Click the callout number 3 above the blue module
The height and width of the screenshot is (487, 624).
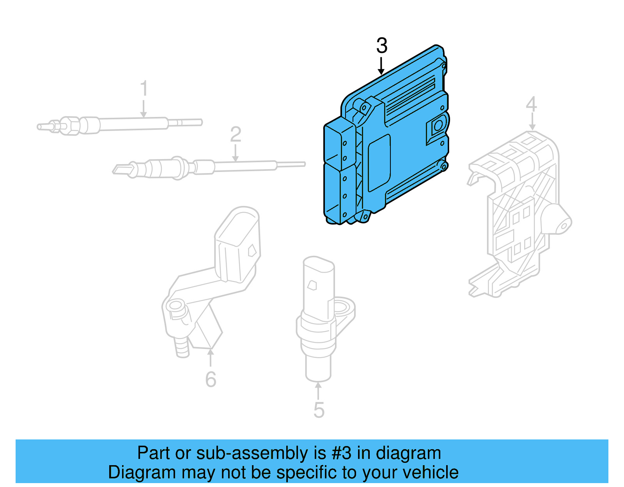click(x=382, y=46)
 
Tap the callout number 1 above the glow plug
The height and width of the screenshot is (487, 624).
click(x=144, y=89)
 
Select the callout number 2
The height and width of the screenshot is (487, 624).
click(x=235, y=135)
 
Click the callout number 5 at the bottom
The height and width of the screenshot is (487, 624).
click(x=319, y=410)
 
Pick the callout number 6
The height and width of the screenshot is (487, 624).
click(x=211, y=379)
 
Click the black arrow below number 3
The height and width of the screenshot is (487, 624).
click(x=381, y=66)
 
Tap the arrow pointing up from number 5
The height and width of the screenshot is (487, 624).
click(x=318, y=390)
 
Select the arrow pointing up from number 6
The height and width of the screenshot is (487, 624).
click(x=211, y=357)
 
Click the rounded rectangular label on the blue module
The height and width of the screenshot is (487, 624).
click(x=379, y=163)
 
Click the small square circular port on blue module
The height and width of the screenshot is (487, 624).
click(x=438, y=126)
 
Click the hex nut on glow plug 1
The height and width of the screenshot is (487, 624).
click(x=68, y=126)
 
